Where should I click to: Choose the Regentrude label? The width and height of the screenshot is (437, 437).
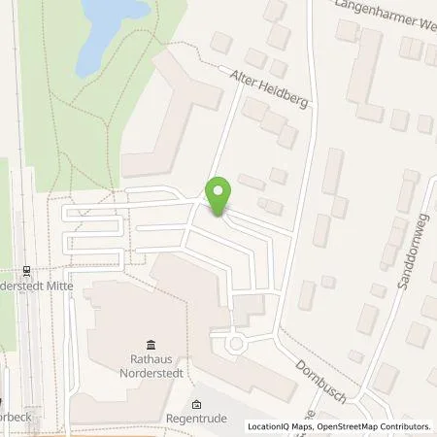(x=197, y=421)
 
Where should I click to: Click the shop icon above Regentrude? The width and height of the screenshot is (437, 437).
(x=197, y=405)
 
